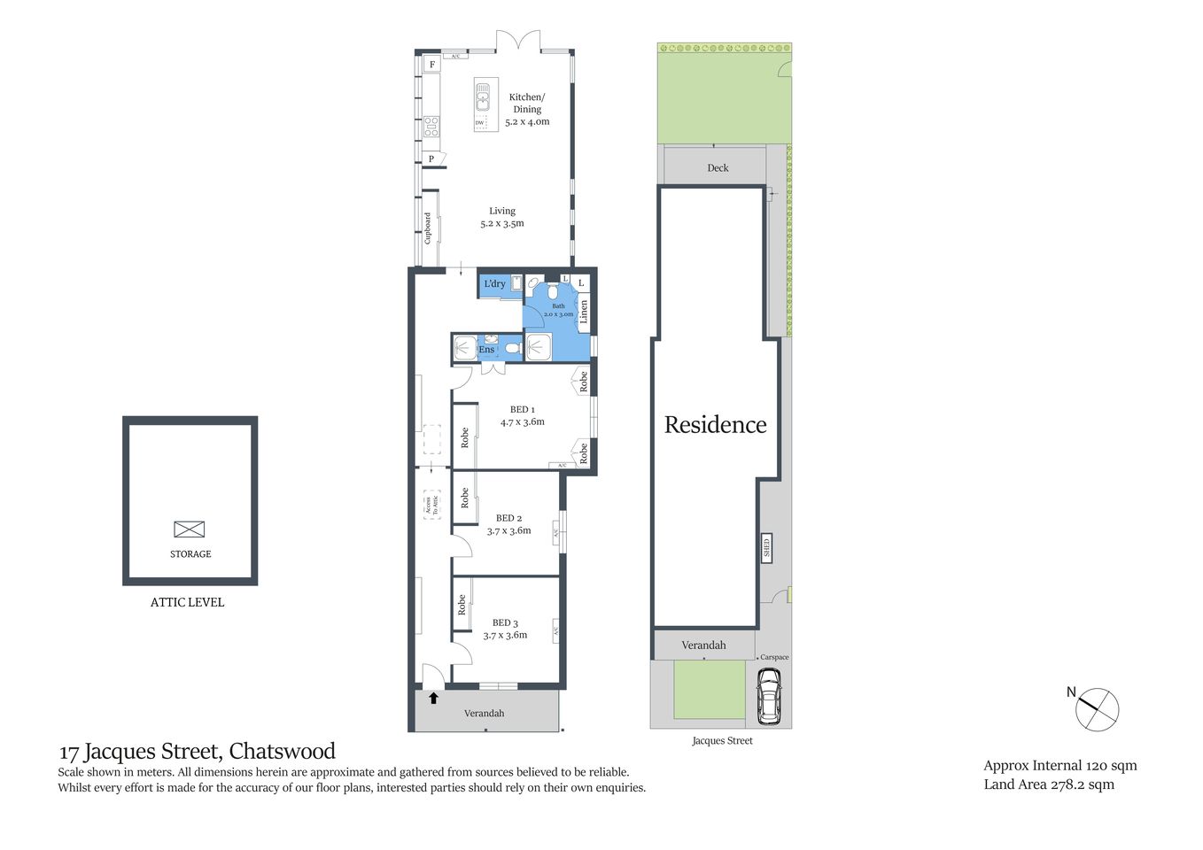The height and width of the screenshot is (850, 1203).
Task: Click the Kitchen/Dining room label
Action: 527,103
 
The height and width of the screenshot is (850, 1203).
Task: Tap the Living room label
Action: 502,211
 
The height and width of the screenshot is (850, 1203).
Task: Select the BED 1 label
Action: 522,409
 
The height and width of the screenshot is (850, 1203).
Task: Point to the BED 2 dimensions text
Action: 508,531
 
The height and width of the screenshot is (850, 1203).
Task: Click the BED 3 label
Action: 505,622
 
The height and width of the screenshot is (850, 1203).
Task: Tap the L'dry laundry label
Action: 494,284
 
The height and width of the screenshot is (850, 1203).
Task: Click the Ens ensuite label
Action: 486,350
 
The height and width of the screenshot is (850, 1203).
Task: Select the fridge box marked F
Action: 432,65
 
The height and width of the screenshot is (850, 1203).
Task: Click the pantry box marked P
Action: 432,159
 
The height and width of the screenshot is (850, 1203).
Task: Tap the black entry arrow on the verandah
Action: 433,698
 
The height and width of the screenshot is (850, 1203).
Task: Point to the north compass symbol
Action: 1098,709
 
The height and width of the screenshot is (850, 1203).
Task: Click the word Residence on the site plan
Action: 715,425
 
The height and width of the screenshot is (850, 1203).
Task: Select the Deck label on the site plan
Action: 718,167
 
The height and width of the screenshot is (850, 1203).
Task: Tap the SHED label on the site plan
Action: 766,548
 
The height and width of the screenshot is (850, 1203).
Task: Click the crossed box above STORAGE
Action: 189,529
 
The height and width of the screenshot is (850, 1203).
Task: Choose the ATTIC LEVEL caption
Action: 187,602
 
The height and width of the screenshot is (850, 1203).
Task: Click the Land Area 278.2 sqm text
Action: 1049,784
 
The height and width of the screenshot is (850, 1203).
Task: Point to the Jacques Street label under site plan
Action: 722,741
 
